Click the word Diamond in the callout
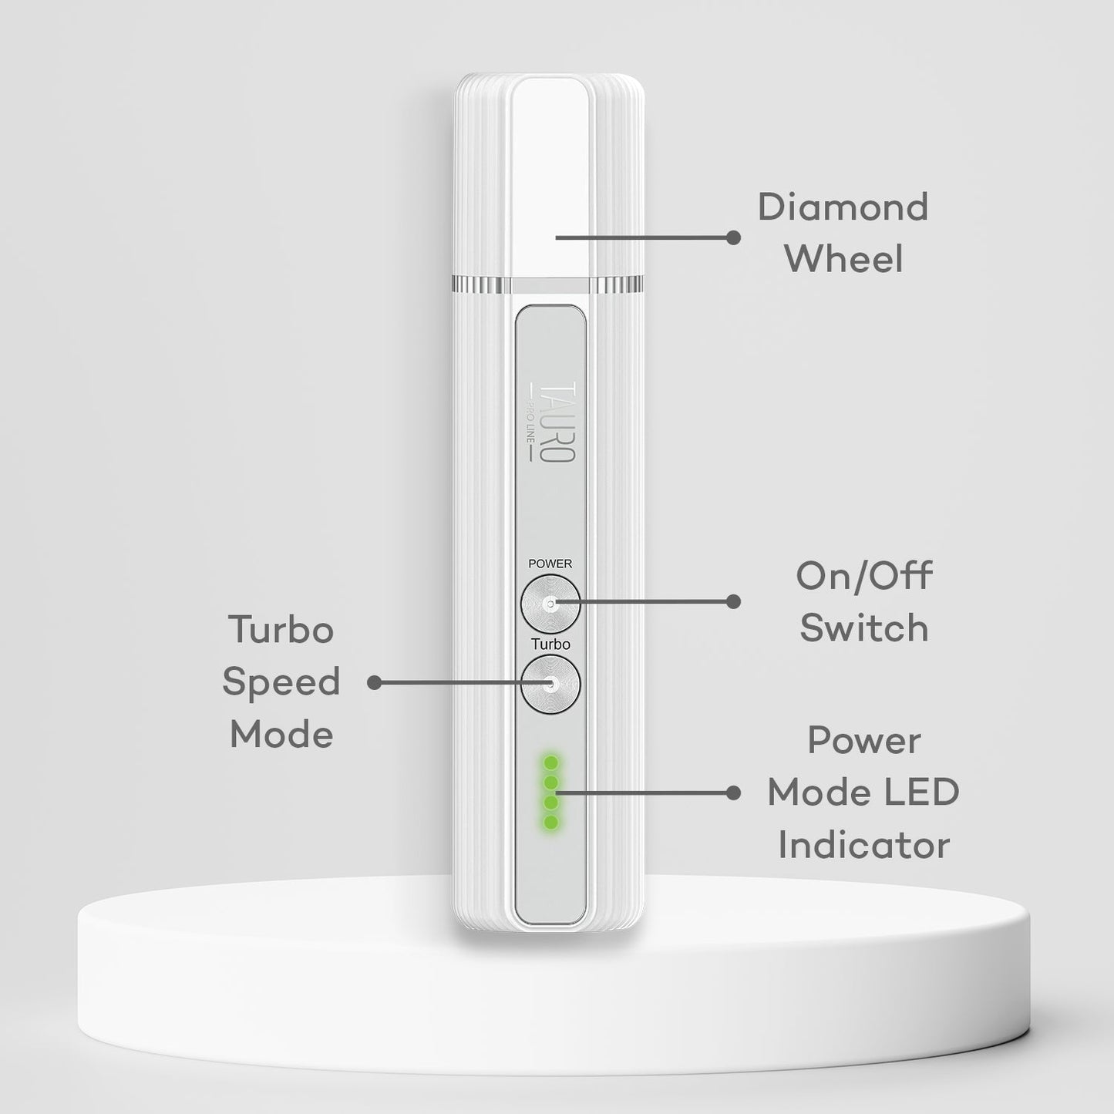pos(843,207)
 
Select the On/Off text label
pos(863,576)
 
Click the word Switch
pos(863,628)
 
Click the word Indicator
pos(863,845)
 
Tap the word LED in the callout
pos(925,793)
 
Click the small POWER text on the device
pos(550,564)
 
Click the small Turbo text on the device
pos(550,645)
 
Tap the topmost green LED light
pos(550,762)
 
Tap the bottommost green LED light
pos(550,823)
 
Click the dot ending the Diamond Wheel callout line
pos(733,237)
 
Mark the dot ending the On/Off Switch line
pos(733,601)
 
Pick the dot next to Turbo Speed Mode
pos(375,683)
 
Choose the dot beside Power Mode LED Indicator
pos(733,793)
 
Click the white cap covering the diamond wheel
pos(550,177)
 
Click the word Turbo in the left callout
pos(281,630)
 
